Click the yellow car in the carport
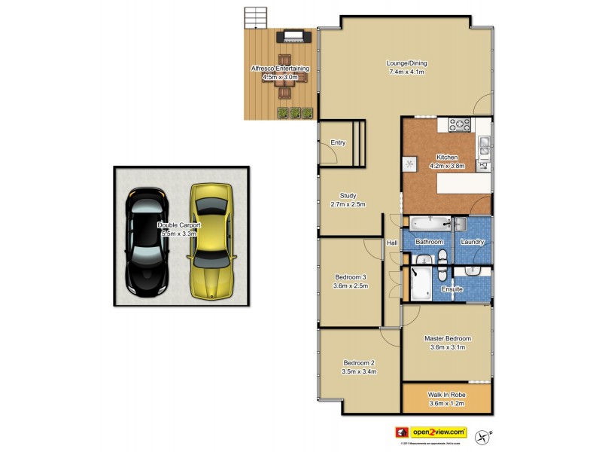click(212, 241)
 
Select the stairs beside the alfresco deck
click(255, 18)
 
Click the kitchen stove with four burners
click(459, 125)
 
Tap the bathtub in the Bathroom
click(430, 223)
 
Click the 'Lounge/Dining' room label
click(406, 63)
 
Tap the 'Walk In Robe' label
click(447, 394)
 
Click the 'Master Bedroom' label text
click(447, 338)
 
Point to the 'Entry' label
click(338, 142)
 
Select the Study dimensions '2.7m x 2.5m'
click(348, 204)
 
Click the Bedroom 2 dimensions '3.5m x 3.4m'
click(358, 371)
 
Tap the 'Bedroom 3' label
click(351, 276)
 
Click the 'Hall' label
click(392, 243)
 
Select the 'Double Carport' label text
click(177, 224)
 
